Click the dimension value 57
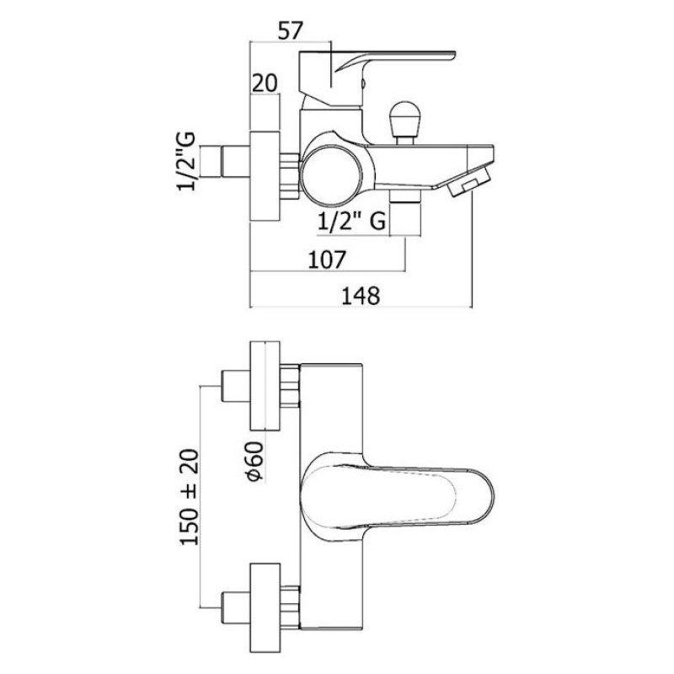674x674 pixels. tap(291, 31)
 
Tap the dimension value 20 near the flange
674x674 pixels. tap(265, 83)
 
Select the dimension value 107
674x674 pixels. tap(327, 259)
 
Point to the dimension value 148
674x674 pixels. tap(361, 296)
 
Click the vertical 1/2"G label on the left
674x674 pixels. tap(185, 161)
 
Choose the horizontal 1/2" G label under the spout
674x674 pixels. tap(351, 222)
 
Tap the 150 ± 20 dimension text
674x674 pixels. tap(189, 497)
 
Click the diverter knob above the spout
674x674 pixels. tap(404, 122)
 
